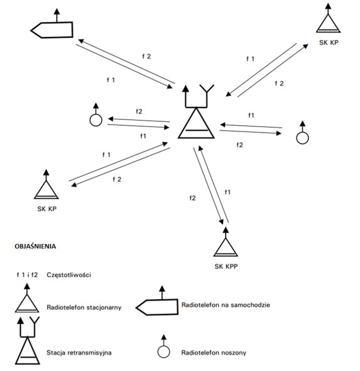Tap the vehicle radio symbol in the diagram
(52, 30)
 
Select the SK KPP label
(226, 267)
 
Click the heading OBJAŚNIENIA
(35, 246)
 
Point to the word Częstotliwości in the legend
(68, 275)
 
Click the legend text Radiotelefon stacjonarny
(84, 307)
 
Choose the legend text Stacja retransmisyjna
(79, 353)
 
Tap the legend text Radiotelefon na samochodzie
(226, 305)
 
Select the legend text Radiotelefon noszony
(214, 353)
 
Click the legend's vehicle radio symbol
(157, 307)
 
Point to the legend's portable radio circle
(163, 352)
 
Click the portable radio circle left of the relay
(95, 120)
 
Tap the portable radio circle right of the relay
(302, 138)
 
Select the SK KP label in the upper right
(329, 43)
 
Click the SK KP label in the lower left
(46, 209)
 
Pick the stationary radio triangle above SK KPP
(226, 247)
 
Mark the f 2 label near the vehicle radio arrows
(146, 57)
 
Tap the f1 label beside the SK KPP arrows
(227, 192)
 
